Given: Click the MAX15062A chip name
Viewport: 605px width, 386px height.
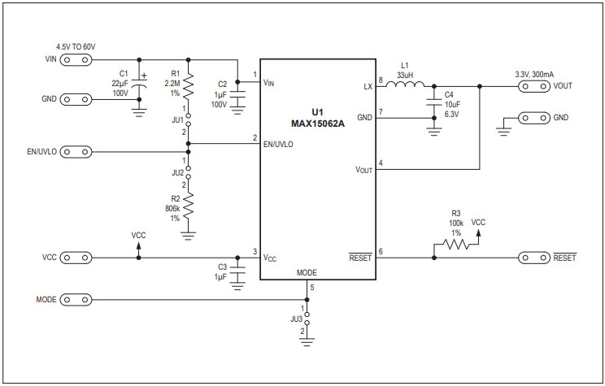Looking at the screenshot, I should tap(317, 124).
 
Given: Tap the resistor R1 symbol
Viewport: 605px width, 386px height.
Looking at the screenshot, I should tap(189, 84).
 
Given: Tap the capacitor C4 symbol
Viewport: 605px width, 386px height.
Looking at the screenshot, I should tap(433, 102).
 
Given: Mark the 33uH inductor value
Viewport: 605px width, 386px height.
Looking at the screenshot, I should tap(405, 74).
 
